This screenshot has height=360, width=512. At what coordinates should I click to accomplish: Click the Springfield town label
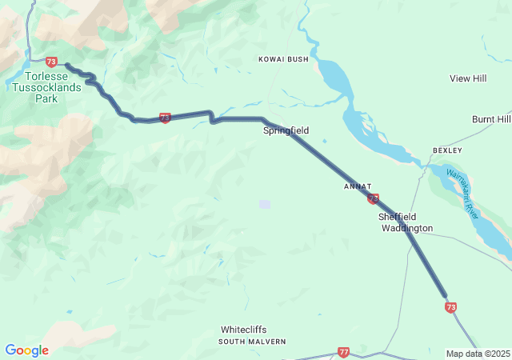coord(286,130)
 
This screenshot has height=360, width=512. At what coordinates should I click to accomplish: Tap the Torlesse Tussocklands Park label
coord(46,87)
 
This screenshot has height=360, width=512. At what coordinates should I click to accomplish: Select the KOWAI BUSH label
coord(283,59)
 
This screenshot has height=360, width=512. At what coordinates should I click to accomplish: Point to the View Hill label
coord(468,78)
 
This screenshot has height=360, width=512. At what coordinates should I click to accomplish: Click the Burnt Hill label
coord(490,119)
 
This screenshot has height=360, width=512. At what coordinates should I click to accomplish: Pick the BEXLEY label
coord(447,150)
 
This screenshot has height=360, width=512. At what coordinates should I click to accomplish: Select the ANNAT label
coord(358,186)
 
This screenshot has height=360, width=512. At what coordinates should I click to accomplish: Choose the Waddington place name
coord(406,228)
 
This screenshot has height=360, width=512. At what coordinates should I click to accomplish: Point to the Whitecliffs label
coord(244,330)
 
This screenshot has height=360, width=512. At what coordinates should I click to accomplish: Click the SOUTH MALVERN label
coord(252,342)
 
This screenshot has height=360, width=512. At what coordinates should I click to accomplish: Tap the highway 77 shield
coord(343,352)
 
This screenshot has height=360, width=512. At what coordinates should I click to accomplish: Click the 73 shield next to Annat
coord(373,198)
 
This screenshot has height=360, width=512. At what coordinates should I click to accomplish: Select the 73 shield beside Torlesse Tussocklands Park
coord(52,62)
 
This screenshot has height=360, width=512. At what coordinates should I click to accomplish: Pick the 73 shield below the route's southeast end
coord(451,306)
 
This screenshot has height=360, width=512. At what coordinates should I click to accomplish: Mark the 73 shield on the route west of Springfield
coord(165,118)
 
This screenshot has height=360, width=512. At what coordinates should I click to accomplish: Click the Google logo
coord(26,350)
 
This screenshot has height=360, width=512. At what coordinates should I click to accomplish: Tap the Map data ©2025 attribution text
coord(477,354)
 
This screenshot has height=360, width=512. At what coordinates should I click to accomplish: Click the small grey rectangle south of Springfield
coord(265,204)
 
